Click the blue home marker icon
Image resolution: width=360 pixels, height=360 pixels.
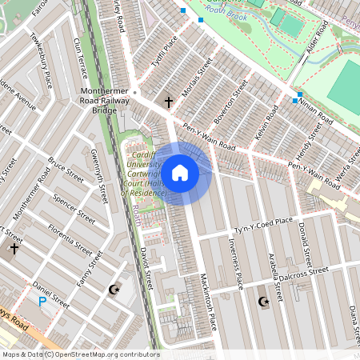180,173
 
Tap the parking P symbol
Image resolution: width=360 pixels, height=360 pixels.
42,302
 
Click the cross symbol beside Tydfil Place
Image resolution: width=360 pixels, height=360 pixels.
168,102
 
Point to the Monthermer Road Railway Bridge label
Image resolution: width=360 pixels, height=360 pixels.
110,101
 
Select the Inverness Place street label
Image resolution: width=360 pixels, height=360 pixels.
238,269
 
